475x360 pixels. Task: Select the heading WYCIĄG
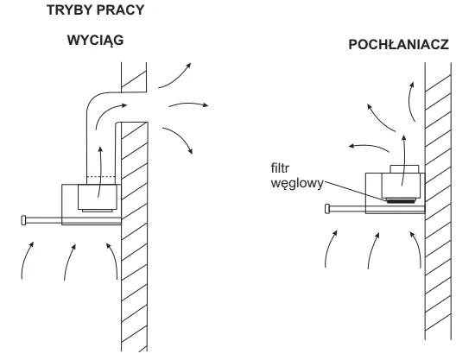pos(95,41)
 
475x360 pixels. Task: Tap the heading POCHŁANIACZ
pos(398,45)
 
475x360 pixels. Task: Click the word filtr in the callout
pos(280,168)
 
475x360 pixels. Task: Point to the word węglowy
pos(297,184)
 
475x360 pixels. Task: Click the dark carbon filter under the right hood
pos(401,200)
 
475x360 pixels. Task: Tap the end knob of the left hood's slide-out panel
pos(23,220)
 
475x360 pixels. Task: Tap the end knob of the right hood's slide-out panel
pos(327,209)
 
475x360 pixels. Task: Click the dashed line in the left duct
pos(101,176)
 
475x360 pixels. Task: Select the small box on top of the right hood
pos(404,169)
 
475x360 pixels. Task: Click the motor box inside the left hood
pos(98,197)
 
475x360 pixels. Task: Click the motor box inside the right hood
pos(401,186)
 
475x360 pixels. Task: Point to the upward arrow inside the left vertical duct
pos(100,172)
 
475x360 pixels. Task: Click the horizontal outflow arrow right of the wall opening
pos(188,104)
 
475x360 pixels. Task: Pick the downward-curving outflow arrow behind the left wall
pos(180,137)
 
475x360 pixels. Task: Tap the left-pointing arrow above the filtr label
pos(369,147)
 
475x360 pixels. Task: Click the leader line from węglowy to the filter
pos(355,191)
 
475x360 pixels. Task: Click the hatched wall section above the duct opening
pos(134,77)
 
